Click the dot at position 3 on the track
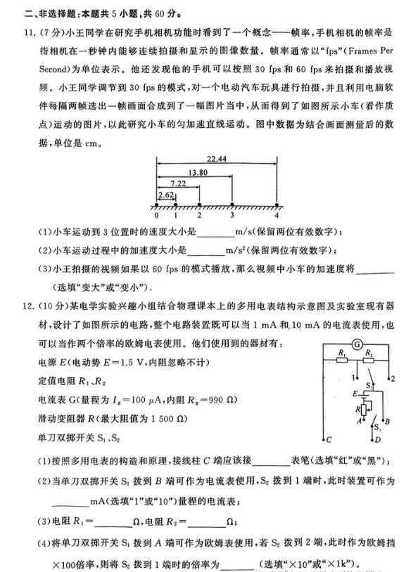(232, 205)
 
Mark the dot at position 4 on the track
(277, 205)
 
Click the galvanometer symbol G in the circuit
(357, 344)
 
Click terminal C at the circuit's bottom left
(329, 439)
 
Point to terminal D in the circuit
(377, 439)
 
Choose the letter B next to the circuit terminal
(388, 421)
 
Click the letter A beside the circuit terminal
(359, 421)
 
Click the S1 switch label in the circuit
(376, 426)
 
